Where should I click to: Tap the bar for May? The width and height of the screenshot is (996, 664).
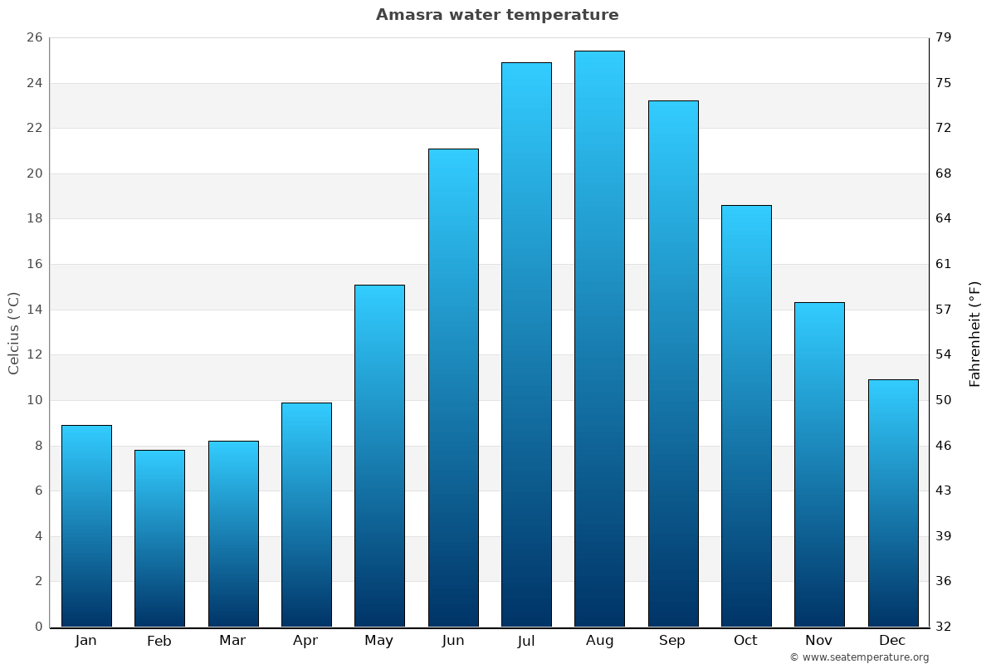[379, 456]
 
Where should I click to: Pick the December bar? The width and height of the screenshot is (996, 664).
[893, 503]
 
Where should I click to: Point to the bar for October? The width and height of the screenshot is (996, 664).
[746, 416]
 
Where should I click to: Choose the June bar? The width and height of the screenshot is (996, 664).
[453, 388]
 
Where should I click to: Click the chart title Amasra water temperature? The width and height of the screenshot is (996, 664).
[497, 15]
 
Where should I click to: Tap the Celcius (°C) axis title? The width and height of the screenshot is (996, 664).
[13, 333]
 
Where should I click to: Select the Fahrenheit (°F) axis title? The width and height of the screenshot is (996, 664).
[975, 333]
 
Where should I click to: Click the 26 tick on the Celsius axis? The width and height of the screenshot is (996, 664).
[34, 38]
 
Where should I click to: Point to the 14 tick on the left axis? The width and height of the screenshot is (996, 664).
[34, 310]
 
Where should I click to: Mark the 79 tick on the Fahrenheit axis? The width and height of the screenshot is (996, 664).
[945, 38]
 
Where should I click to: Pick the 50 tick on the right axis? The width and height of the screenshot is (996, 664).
[945, 400]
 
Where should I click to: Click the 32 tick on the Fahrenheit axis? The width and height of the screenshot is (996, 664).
[945, 627]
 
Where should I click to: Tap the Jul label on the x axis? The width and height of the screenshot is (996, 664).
[526, 641]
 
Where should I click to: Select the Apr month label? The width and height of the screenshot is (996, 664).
[305, 641]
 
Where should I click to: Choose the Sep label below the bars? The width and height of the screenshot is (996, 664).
[672, 641]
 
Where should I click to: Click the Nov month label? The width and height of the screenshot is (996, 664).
[819, 641]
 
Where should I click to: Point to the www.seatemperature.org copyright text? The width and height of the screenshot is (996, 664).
[859, 657]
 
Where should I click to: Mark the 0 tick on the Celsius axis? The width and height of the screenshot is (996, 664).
[38, 627]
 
